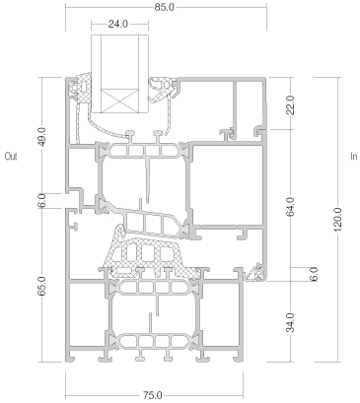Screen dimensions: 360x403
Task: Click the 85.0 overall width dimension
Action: coord(165,7)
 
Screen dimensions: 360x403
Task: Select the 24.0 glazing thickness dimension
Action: coord(117,24)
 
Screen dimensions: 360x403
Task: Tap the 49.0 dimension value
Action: coord(43,136)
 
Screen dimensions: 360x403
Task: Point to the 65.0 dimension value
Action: coord(43,286)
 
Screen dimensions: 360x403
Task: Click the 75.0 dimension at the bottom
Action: coord(153,395)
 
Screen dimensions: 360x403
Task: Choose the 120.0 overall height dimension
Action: coord(338,220)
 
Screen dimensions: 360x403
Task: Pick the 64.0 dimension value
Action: coord(291,207)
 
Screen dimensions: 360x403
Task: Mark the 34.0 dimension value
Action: coord(291,322)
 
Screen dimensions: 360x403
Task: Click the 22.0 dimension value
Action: coord(291,105)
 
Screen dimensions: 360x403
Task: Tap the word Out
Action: coord(11,157)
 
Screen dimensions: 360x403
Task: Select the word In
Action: coord(354,157)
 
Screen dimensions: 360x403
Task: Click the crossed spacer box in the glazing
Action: coord(119,101)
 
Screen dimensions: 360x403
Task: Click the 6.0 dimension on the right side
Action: coord(315,274)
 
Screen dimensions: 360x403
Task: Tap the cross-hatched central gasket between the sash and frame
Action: coord(148,253)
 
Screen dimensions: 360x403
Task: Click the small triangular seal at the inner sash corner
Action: coord(253,274)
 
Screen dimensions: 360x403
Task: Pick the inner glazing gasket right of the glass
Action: coord(161,88)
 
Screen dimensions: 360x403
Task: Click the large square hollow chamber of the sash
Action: coord(228,184)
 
